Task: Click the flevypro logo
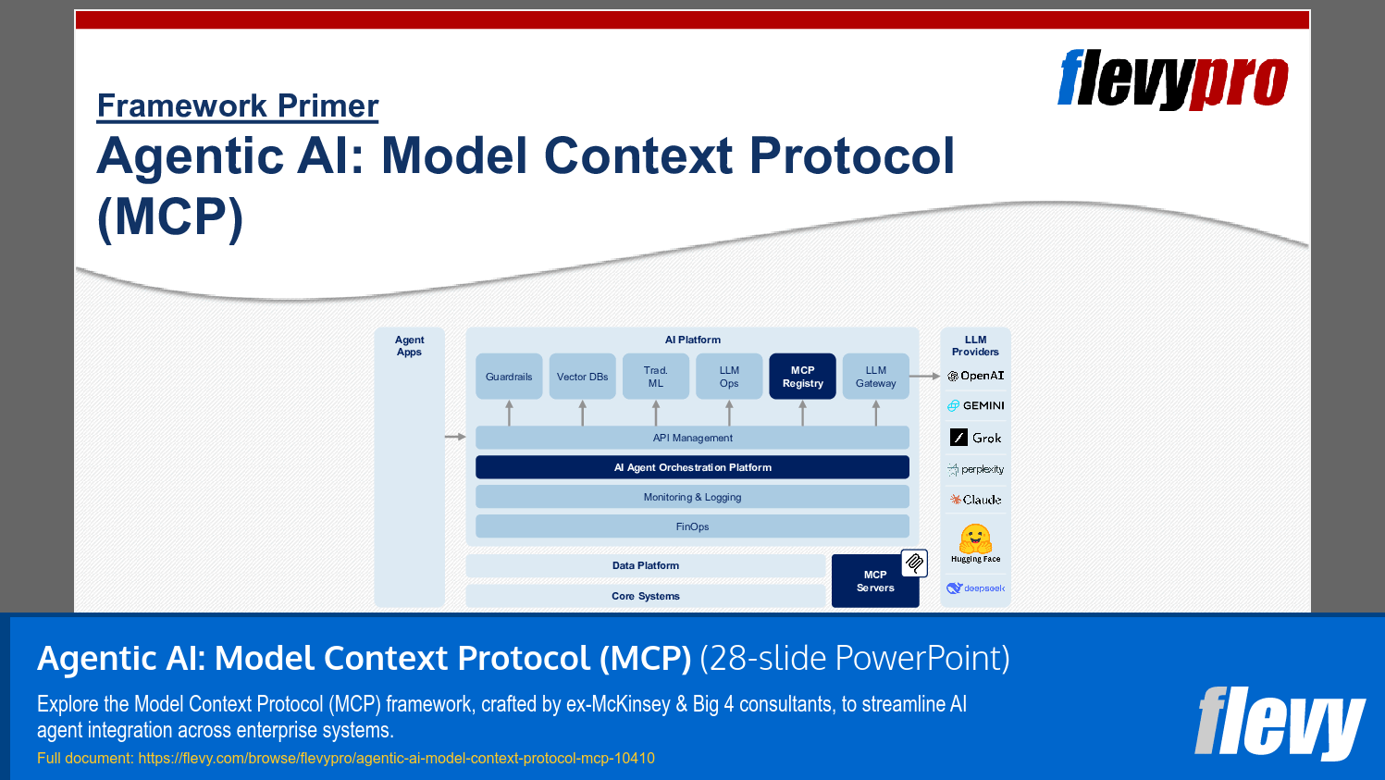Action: click(x=1172, y=80)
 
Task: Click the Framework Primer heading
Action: click(x=238, y=106)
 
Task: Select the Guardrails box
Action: click(x=509, y=377)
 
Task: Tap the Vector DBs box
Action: click(x=582, y=377)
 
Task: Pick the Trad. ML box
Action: click(x=655, y=377)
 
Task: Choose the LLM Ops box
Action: click(x=729, y=377)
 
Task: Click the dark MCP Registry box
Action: click(x=802, y=377)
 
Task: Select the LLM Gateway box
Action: click(x=875, y=377)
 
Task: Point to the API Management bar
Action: click(x=692, y=438)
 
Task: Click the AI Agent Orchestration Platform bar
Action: click(x=692, y=467)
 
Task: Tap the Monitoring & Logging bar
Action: click(x=692, y=497)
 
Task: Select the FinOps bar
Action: click(x=692, y=526)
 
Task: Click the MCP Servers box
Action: click(x=874, y=581)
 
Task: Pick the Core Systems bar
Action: click(x=645, y=596)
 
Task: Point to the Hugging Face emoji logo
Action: click(x=975, y=539)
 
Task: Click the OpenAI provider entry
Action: click(x=976, y=376)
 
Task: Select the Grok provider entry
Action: click(x=976, y=438)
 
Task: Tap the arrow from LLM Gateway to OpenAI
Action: click(x=924, y=376)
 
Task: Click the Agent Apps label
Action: click(x=409, y=346)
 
